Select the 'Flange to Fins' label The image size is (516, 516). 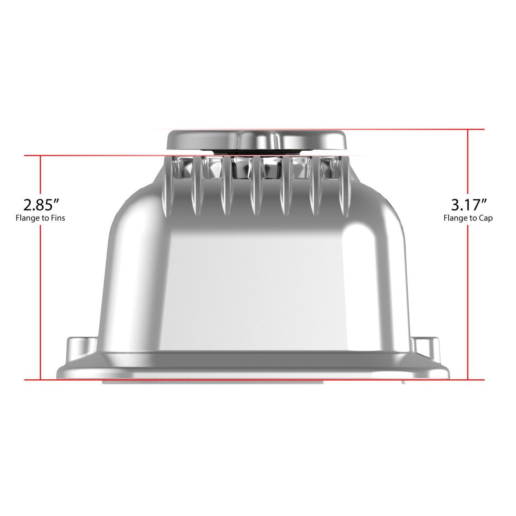click(x=40, y=218)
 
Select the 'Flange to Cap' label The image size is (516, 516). click(x=468, y=218)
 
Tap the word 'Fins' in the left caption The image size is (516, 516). click(x=58, y=218)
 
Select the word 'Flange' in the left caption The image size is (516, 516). click(x=27, y=218)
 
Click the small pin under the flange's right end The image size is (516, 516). click(x=404, y=382)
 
